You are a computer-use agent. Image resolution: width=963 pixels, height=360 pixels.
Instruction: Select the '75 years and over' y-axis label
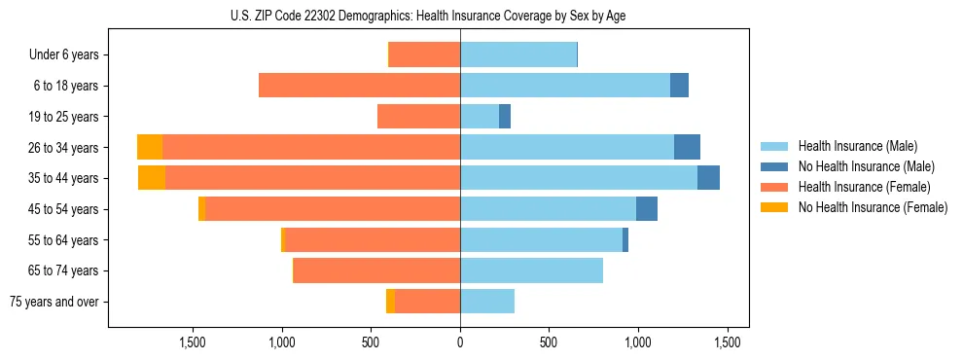point(54,302)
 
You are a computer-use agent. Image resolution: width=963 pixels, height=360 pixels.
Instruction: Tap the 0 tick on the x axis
point(460,342)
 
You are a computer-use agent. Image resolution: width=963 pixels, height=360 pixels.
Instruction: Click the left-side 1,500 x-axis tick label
point(193,342)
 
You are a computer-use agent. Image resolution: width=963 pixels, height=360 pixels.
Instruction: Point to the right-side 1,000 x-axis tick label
point(638,342)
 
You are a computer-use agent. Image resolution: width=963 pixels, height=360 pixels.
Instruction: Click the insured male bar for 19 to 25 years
point(480,117)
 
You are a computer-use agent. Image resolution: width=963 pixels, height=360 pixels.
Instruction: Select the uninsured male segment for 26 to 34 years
point(687,147)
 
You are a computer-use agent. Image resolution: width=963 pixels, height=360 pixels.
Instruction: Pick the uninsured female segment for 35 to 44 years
point(152,178)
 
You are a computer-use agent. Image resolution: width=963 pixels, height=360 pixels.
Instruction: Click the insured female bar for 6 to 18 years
point(359,86)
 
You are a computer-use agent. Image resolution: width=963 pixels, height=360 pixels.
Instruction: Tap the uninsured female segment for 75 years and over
point(390,302)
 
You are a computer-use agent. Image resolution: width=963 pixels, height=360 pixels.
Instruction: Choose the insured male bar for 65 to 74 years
point(531,270)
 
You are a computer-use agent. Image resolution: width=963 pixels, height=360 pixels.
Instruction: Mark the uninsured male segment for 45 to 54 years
point(647,209)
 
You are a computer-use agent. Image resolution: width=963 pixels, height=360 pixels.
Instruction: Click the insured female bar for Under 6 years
point(425,54)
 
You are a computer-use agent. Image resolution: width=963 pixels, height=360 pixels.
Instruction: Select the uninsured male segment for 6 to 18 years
point(679,86)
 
